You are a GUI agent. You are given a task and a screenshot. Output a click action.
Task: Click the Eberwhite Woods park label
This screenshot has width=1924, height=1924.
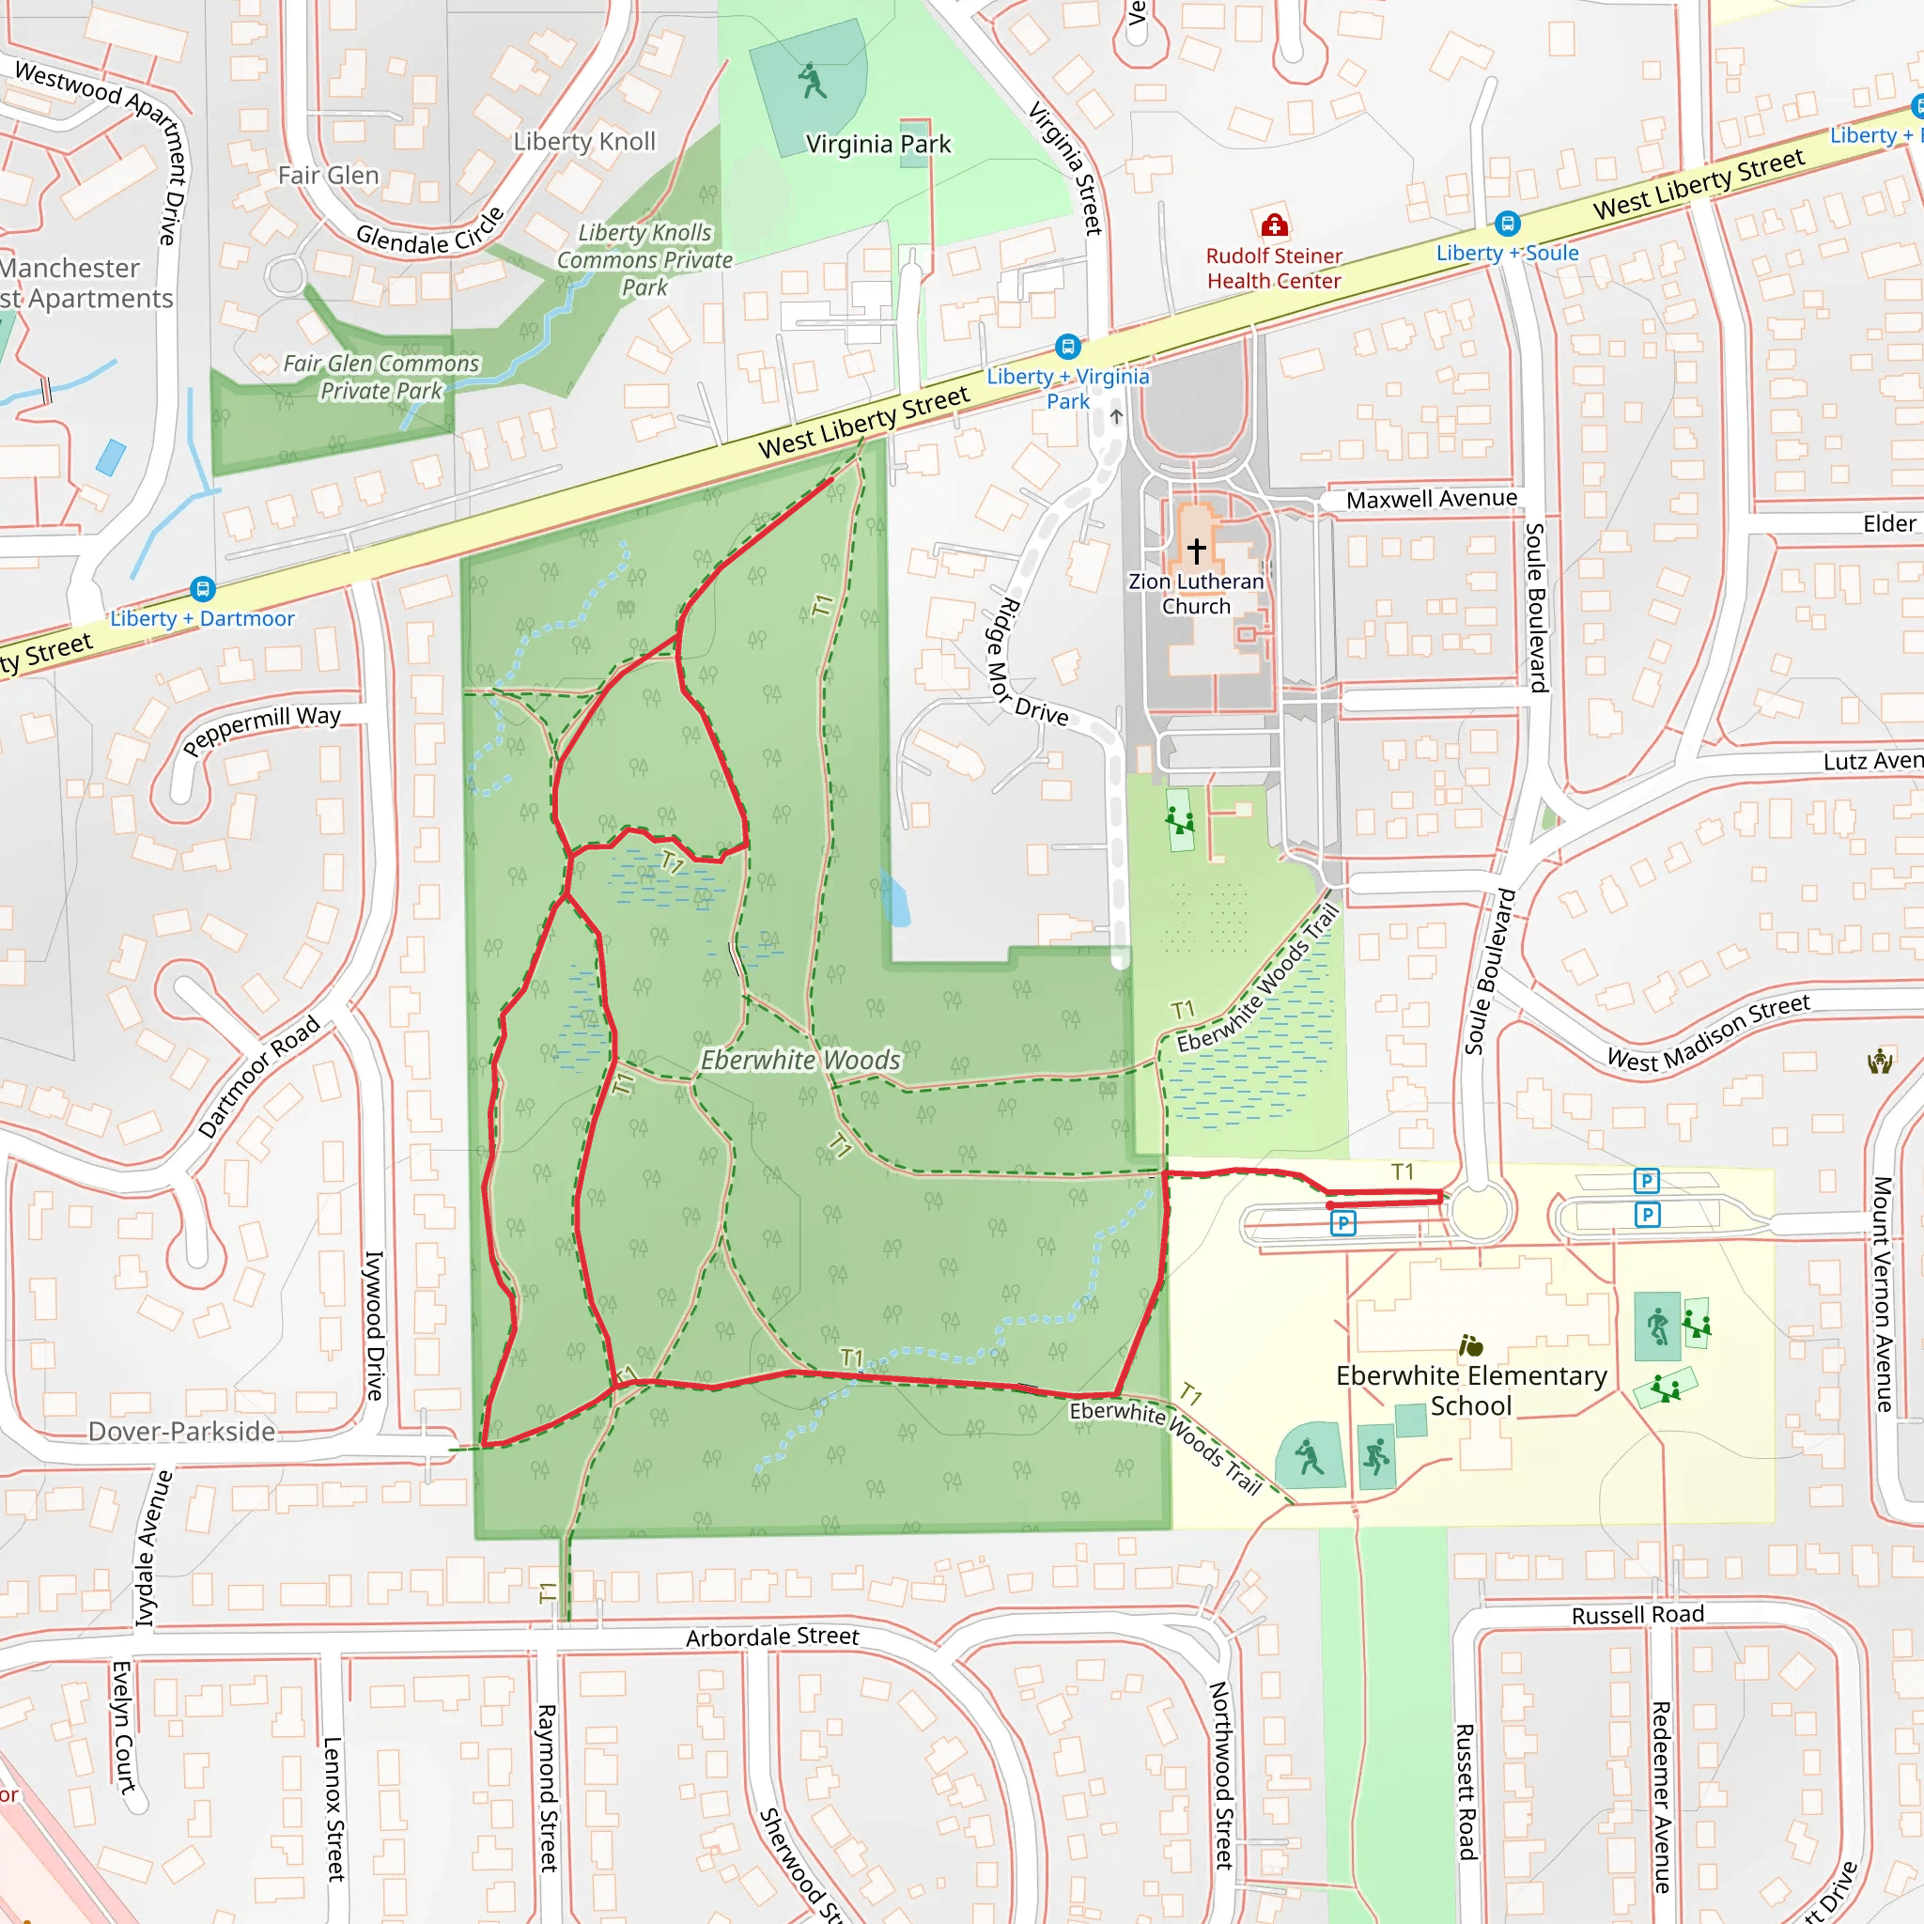coord(800,1061)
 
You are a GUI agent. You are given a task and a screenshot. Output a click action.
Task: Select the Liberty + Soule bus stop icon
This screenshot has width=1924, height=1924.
coord(1507,225)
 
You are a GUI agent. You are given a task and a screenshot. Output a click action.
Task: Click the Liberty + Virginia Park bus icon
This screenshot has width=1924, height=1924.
coord(1067,347)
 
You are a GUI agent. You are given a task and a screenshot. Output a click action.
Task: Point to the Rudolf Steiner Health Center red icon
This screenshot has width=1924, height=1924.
coord(1274,225)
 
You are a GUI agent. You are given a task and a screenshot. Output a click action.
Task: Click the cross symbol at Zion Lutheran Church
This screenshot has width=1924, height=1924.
coord(1196,550)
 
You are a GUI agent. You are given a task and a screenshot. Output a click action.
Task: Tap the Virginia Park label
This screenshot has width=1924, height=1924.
coord(878,145)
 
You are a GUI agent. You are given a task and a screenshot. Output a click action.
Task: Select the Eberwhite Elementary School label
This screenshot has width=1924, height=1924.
coord(1471,1390)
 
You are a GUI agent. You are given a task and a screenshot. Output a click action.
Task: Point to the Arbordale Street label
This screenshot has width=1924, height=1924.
coord(772,1637)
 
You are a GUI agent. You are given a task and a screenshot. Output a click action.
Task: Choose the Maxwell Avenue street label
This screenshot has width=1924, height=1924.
coord(1431,499)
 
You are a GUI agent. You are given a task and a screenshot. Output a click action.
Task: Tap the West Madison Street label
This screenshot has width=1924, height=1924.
coord(1708,1032)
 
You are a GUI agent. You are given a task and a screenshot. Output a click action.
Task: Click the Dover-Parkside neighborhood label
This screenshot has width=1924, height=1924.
coord(182,1432)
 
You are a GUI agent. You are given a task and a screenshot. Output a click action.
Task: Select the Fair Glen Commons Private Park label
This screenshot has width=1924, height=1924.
coord(381,378)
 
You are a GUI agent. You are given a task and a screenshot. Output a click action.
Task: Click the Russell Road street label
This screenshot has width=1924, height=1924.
coord(1637,1615)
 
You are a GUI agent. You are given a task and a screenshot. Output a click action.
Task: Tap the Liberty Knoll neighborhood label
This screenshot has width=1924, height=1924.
coord(584,142)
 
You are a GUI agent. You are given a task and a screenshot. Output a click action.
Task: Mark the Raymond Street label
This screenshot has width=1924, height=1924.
coord(548,1788)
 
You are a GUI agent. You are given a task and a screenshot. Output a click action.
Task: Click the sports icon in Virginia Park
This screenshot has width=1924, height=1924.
coord(813,81)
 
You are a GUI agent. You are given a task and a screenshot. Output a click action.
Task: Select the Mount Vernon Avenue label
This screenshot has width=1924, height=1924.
coord(1882,1295)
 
